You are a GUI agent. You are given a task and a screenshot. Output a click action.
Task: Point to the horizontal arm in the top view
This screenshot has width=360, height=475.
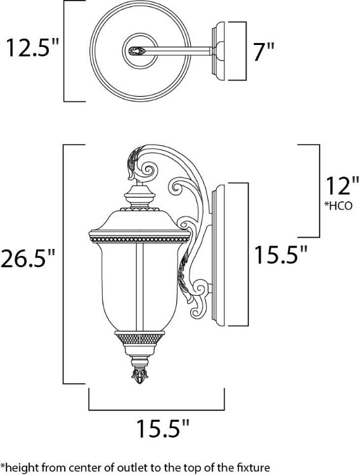tap(184, 49)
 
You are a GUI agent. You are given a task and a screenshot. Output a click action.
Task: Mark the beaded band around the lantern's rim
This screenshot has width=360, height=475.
tap(139, 239)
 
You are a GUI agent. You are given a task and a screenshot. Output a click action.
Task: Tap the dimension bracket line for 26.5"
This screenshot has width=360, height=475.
tap(63, 263)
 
